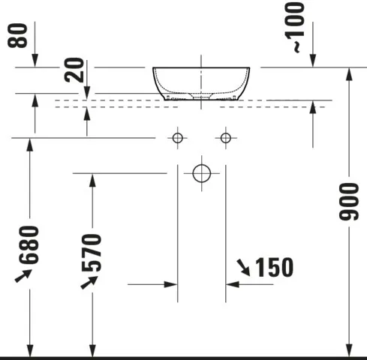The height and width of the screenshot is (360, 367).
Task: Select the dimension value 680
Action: click(x=29, y=245)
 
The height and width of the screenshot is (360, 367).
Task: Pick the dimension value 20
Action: click(x=73, y=70)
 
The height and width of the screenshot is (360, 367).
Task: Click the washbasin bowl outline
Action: click(x=201, y=82)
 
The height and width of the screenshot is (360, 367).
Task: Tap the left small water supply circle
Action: click(x=177, y=137)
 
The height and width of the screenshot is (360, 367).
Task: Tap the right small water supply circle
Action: click(x=224, y=137)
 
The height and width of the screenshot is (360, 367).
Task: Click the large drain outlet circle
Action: click(x=201, y=173)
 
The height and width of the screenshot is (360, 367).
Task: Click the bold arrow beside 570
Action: click(x=88, y=282)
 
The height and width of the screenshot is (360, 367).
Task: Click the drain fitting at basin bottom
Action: click(x=201, y=97)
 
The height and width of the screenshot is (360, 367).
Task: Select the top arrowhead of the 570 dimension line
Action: click(x=92, y=179)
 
